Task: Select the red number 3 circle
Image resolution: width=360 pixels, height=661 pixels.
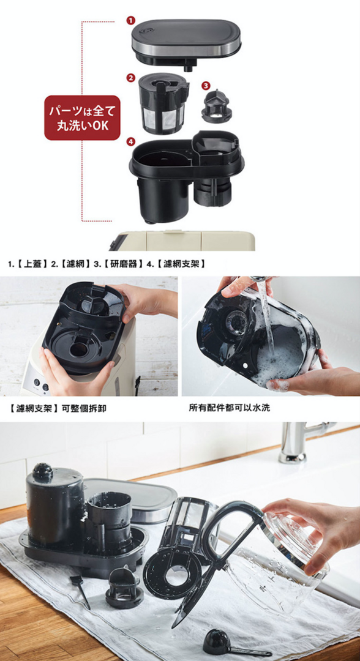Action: [x=205, y=86]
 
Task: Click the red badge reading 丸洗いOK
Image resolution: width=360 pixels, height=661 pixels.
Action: [x=82, y=118]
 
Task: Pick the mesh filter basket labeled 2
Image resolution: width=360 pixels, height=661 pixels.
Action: [x=163, y=103]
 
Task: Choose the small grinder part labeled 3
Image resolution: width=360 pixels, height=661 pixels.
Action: [x=216, y=106]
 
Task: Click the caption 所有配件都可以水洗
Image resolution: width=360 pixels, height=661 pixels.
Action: [x=230, y=408]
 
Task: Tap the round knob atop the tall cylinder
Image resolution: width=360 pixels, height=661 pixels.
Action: [x=43, y=472]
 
